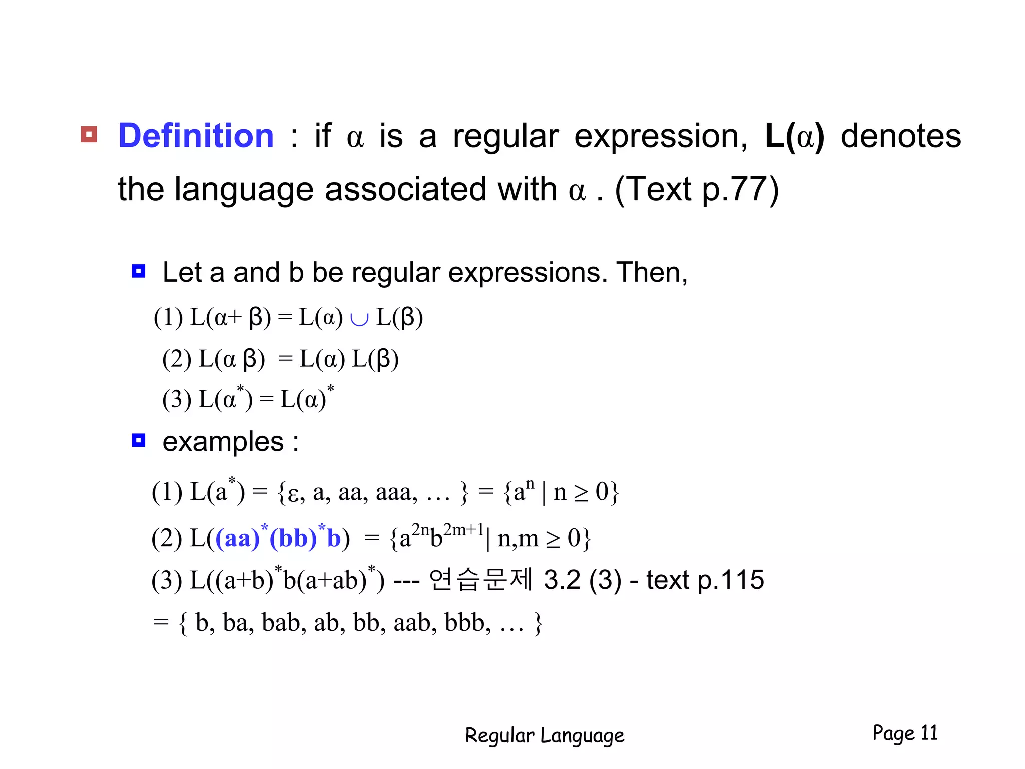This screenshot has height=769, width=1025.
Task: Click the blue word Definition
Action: point(196,136)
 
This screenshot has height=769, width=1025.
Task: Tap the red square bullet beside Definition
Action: point(89,134)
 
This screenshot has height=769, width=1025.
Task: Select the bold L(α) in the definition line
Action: point(794,136)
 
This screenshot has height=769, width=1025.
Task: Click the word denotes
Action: point(900,136)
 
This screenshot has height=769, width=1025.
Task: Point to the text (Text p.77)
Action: point(696,190)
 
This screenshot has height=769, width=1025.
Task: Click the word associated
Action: point(405,190)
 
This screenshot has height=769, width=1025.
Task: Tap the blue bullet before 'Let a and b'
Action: point(138,271)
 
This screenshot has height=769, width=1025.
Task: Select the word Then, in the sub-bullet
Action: point(652,273)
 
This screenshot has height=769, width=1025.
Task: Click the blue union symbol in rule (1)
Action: point(359,319)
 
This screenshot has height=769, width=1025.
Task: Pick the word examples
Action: point(223,442)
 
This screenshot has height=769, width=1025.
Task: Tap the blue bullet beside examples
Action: point(138,440)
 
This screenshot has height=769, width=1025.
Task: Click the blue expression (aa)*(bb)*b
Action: point(278,538)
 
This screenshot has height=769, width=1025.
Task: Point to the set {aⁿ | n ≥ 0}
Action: point(561,492)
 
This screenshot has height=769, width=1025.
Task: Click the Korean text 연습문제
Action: point(480,580)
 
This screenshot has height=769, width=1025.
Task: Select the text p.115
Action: point(730,580)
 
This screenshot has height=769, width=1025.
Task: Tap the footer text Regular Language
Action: point(545,735)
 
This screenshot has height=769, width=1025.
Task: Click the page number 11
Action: point(929,733)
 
